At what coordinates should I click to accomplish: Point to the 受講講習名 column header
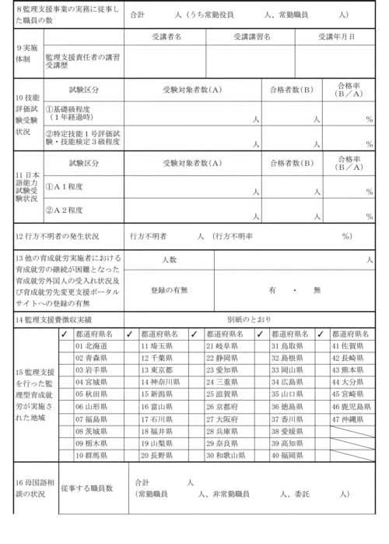click(x=252, y=37)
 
